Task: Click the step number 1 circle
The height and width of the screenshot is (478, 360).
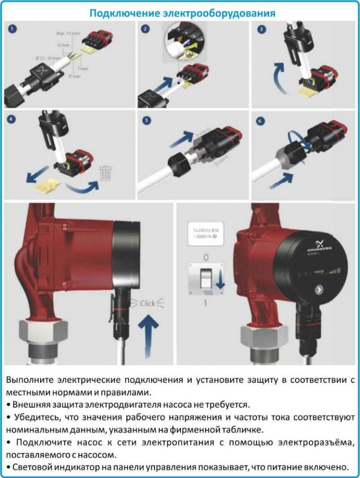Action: pyautogui.click(x=13, y=29)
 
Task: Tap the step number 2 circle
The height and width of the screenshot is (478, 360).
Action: pyautogui.click(x=146, y=29)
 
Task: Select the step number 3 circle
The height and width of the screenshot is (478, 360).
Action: pyautogui.click(x=262, y=29)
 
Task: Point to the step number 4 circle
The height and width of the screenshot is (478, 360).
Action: pyautogui.click(x=13, y=119)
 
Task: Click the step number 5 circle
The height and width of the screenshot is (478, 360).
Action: pyautogui.click(x=146, y=120)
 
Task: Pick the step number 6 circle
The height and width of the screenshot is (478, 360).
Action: pyautogui.click(x=261, y=120)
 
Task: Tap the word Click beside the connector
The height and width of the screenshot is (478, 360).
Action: pyautogui.click(x=147, y=303)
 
